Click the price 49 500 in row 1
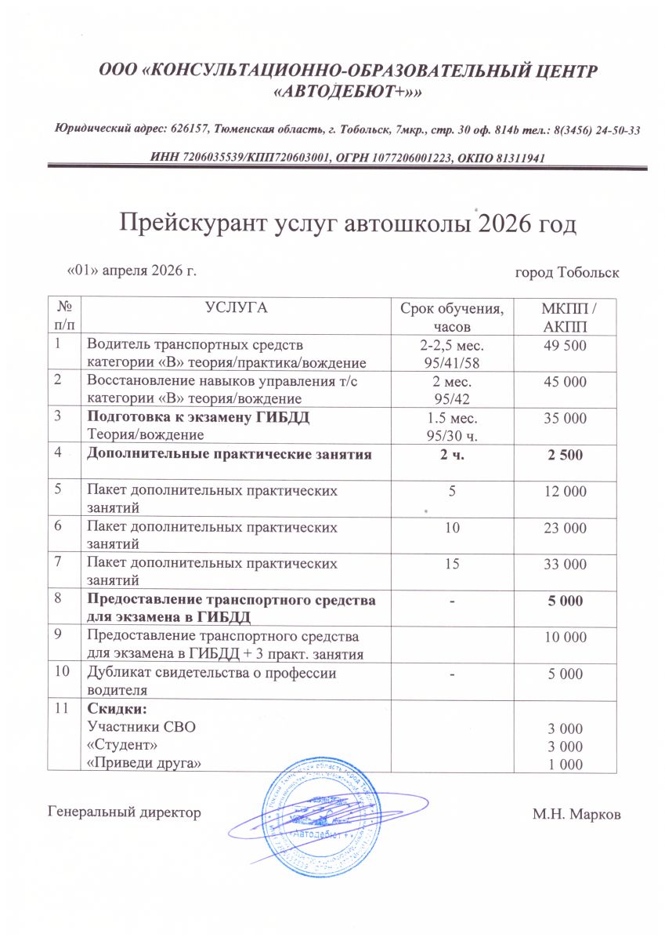pyautogui.click(x=566, y=347)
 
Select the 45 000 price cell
pyautogui.click(x=566, y=383)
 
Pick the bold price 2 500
pyautogui.click(x=566, y=455)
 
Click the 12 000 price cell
pyautogui.click(x=566, y=492)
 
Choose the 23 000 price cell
pyautogui.click(x=566, y=529)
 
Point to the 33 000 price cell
pyautogui.click(x=566, y=565)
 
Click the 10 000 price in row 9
pyautogui.click(x=566, y=637)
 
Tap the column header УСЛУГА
pyautogui.click(x=236, y=307)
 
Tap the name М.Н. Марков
pyautogui.click(x=576, y=815)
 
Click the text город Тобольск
pyautogui.click(x=567, y=273)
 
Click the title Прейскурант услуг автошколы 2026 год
pyautogui.click(x=347, y=224)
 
